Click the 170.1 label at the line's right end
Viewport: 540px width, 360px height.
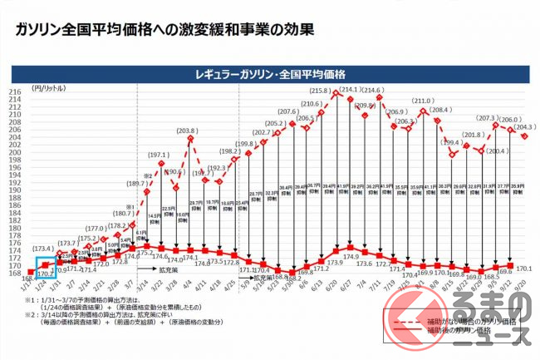pyautogui.click(x=524, y=269)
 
